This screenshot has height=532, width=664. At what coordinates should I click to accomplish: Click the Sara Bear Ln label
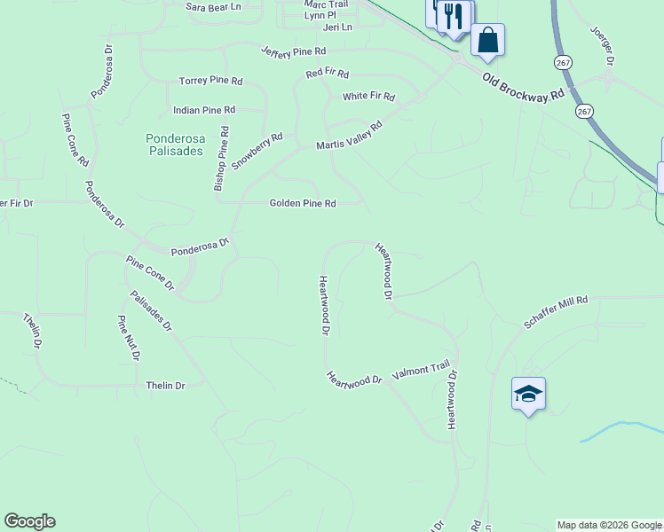[213, 7]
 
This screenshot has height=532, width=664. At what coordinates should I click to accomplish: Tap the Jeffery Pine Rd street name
[294, 52]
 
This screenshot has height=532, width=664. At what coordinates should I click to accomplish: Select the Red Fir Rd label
[328, 74]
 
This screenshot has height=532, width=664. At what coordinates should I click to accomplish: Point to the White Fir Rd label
[368, 96]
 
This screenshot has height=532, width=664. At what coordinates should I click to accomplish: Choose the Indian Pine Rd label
[204, 110]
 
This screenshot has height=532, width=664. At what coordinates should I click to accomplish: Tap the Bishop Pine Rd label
[222, 159]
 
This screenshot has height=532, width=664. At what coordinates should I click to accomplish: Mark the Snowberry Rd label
[257, 151]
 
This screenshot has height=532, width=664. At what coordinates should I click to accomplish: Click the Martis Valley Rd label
[350, 137]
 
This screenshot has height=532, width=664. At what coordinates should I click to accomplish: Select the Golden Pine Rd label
[303, 203]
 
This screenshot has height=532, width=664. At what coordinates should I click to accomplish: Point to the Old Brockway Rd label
[523, 86]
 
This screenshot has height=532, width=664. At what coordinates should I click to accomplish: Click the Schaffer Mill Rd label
[557, 313]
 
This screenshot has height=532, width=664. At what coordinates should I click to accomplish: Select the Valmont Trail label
[422, 369]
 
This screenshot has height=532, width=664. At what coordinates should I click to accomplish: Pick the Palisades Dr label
[151, 312]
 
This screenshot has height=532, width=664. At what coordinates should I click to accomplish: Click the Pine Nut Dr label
[128, 338]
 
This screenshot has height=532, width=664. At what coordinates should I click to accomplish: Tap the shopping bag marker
[487, 41]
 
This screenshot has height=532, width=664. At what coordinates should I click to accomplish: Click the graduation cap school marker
[528, 394]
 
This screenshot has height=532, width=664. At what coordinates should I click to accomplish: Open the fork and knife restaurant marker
[455, 16]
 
